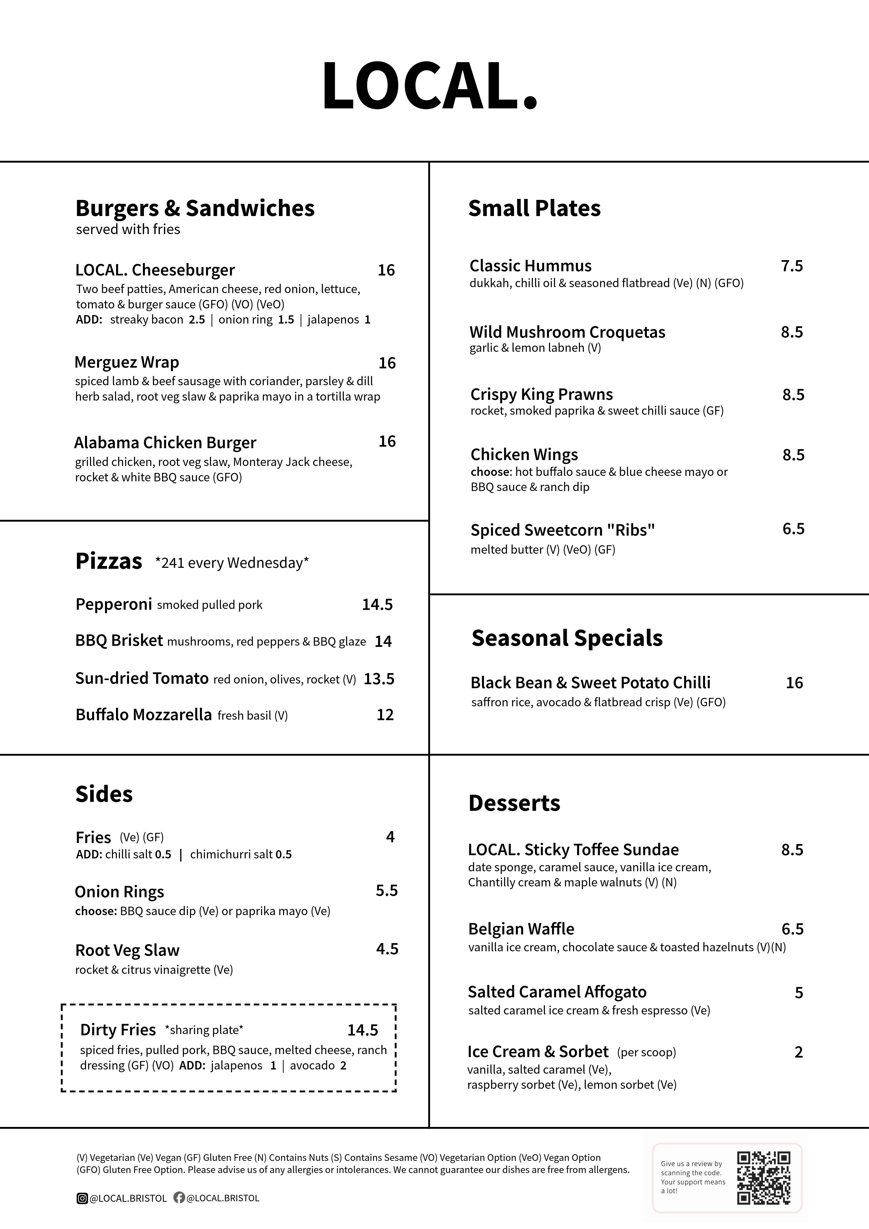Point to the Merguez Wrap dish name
click(x=127, y=362)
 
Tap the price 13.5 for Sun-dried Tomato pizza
click(x=379, y=679)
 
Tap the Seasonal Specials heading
click(x=567, y=638)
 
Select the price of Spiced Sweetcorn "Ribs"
click(x=793, y=529)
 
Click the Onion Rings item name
click(x=119, y=892)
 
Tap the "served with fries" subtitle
click(x=128, y=229)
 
